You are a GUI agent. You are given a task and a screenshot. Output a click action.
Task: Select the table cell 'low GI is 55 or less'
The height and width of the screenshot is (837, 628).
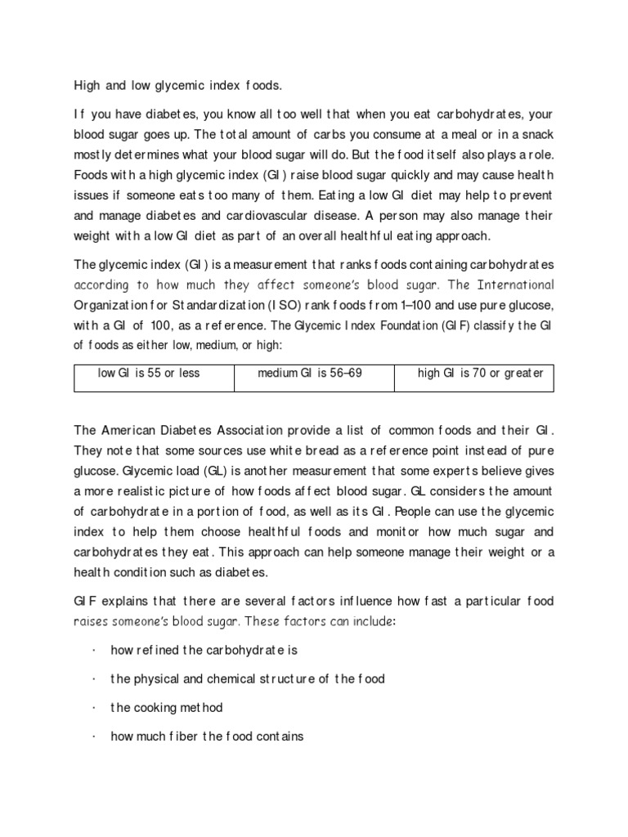pos(149,374)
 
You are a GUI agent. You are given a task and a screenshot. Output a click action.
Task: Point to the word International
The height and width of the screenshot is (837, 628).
pos(514,285)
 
